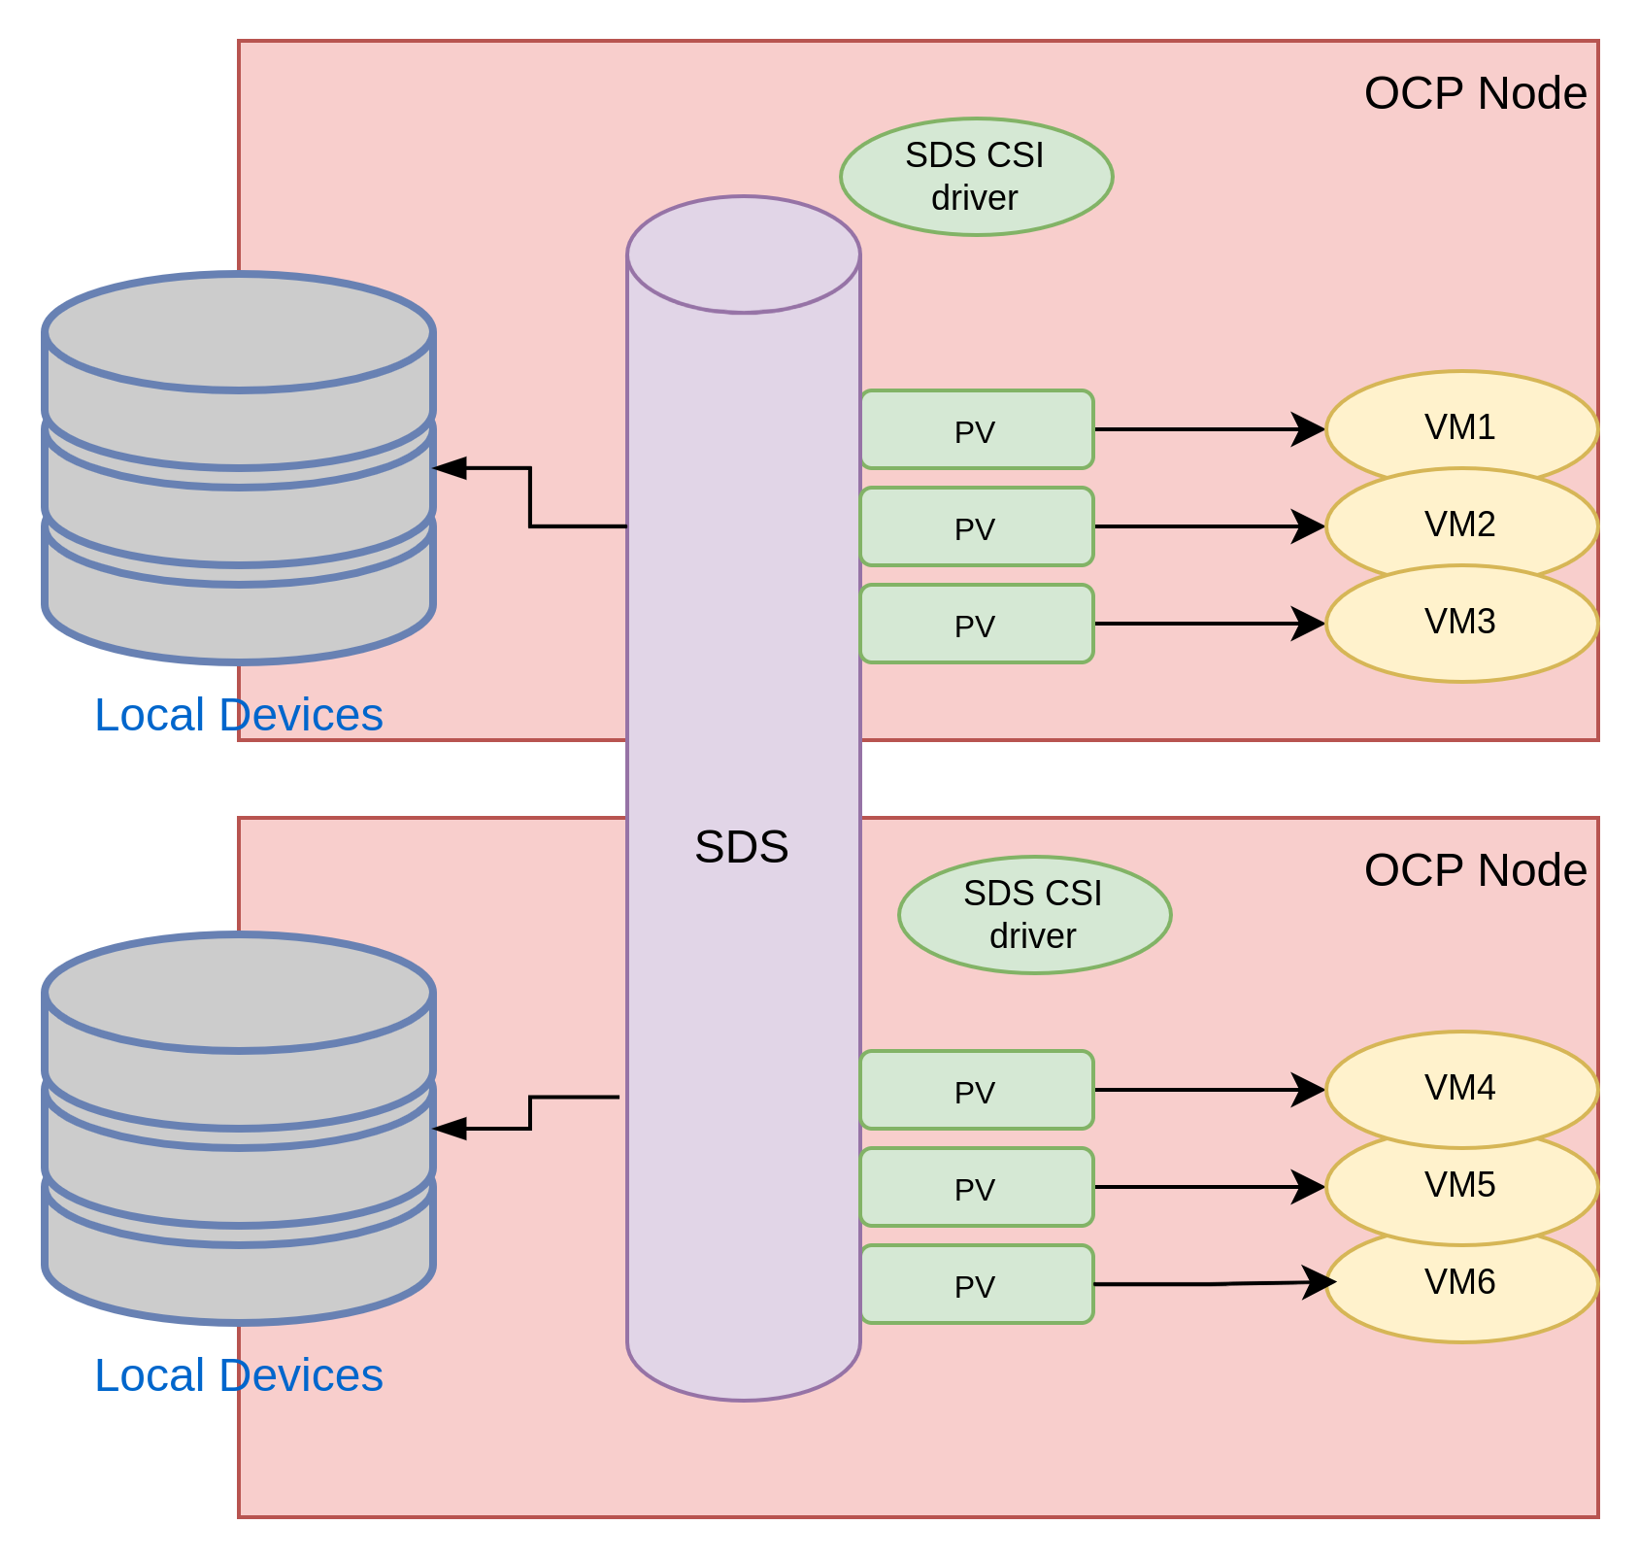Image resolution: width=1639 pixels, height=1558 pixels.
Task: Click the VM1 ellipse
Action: tap(1461, 427)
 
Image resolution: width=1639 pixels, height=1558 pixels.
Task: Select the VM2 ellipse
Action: tap(1461, 525)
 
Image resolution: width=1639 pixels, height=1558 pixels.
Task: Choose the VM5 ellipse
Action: tap(1461, 1186)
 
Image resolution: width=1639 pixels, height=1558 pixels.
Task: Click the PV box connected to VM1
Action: tap(977, 429)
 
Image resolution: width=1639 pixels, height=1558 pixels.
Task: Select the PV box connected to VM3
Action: tap(977, 624)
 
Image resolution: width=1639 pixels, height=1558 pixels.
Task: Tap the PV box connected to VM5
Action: tap(977, 1187)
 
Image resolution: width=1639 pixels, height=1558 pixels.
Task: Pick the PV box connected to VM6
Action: tap(977, 1284)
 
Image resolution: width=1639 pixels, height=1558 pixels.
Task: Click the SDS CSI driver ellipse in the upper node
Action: tap(976, 177)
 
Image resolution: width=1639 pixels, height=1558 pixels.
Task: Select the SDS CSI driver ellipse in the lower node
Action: tap(1034, 915)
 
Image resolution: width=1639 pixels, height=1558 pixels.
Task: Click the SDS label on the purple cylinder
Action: tap(742, 847)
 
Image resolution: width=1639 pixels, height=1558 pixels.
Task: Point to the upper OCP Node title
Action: tap(1475, 93)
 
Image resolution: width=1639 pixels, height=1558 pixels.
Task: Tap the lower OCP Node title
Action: tap(1475, 870)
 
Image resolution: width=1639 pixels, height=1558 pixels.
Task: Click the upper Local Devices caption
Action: tap(239, 715)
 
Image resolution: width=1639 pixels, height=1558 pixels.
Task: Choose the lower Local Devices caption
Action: tap(239, 1375)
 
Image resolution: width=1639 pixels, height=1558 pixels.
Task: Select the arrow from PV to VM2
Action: tap(1209, 526)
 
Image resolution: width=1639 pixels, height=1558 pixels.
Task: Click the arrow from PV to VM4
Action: tap(1209, 1090)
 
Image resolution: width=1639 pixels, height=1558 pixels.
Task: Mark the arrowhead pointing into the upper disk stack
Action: tap(450, 468)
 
